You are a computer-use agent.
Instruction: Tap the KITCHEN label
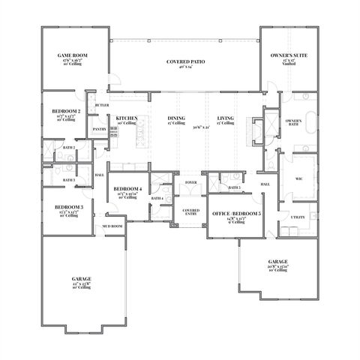(x=124, y=118)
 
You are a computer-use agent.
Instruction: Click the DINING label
(x=176, y=118)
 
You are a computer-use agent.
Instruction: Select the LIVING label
(x=226, y=118)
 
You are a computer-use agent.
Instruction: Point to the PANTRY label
(x=99, y=129)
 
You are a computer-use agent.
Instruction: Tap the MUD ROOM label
(x=112, y=226)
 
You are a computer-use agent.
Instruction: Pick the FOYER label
(x=191, y=181)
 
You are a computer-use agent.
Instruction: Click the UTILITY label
(x=298, y=217)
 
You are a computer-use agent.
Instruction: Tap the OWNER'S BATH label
(x=295, y=123)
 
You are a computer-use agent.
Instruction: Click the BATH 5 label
(x=234, y=187)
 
